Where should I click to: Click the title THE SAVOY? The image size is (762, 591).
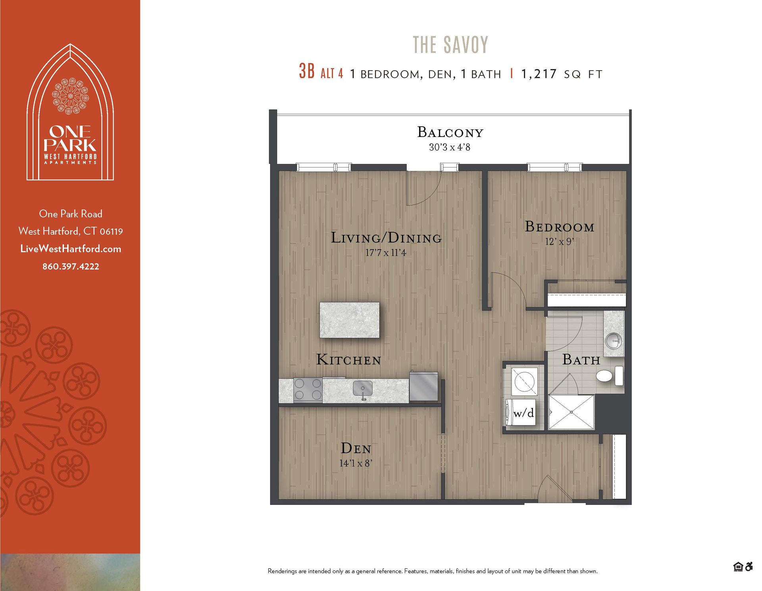coord(450,44)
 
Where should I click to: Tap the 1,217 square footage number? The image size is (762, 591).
coord(539,74)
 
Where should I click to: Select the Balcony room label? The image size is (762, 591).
coord(450,132)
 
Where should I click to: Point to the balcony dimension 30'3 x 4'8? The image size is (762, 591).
coord(450,147)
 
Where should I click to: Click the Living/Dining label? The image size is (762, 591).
coord(386,238)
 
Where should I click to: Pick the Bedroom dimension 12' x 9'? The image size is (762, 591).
coord(560,242)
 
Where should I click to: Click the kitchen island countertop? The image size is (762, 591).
coord(349,320)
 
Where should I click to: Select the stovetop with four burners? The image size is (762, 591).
coord(308,389)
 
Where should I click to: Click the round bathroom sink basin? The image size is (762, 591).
coord(614,341)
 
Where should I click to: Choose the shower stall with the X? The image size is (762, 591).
coord(571,412)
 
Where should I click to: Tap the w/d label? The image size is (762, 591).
coord(523,413)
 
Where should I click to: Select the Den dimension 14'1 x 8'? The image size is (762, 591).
coord(356,463)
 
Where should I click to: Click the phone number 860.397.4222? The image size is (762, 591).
coord(71,266)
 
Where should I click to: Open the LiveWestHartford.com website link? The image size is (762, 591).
coord(71,249)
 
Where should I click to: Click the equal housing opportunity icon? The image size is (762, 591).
coord(738,567)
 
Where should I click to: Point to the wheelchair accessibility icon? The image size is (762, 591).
coord(749,567)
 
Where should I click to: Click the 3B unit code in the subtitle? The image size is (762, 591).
coord(307,71)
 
